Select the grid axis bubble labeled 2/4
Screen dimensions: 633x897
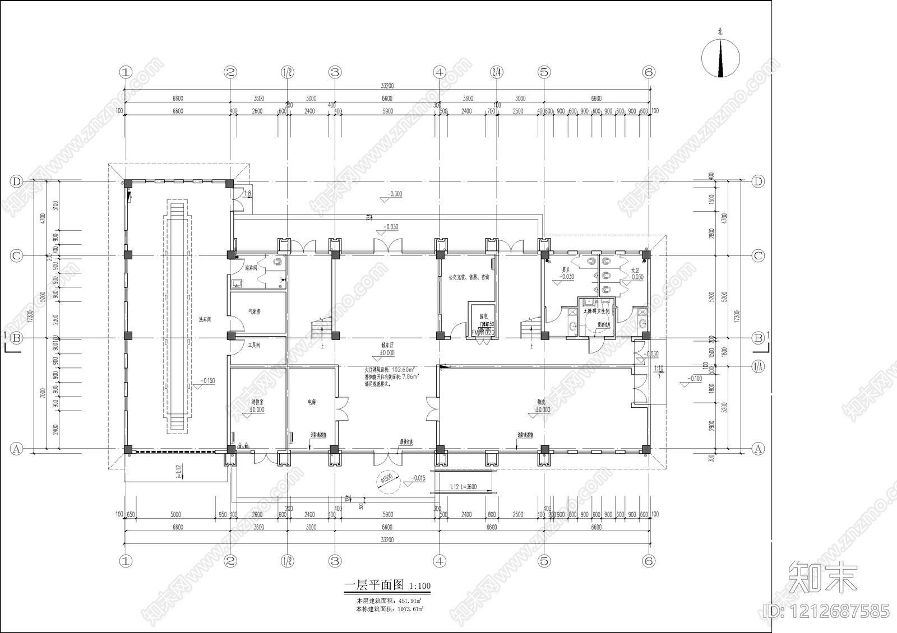tap(496, 72)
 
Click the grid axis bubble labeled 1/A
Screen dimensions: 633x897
tap(757, 367)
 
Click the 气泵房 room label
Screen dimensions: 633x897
tap(255, 311)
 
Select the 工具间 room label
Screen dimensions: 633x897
tap(254, 345)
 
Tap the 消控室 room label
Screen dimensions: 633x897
tap(257, 402)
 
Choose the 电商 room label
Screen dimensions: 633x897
tap(312, 402)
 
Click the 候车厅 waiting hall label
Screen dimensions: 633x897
tap(387, 346)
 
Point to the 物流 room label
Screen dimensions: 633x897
tap(542, 402)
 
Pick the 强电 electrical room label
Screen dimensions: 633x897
tap(483, 317)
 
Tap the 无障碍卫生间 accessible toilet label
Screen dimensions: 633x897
tap(597, 310)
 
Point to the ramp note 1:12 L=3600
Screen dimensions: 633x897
tap(463, 487)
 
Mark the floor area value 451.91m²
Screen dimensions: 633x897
tap(410, 601)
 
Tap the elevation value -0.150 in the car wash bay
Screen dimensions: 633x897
tap(207, 381)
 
